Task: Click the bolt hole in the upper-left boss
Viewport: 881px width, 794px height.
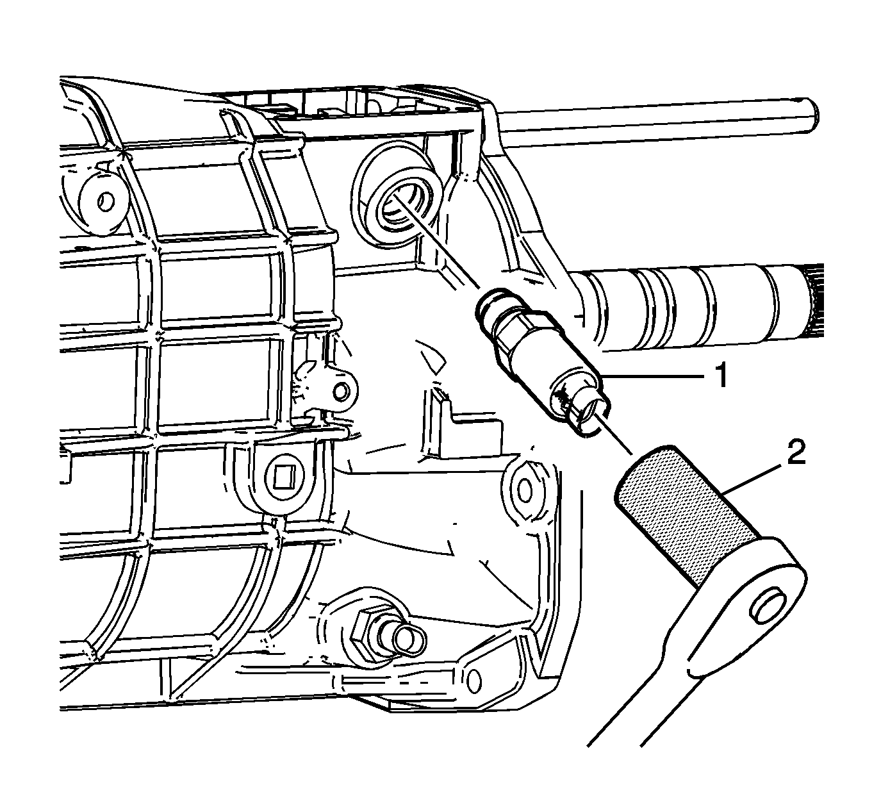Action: click(105, 202)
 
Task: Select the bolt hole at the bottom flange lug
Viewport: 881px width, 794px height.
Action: click(474, 680)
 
